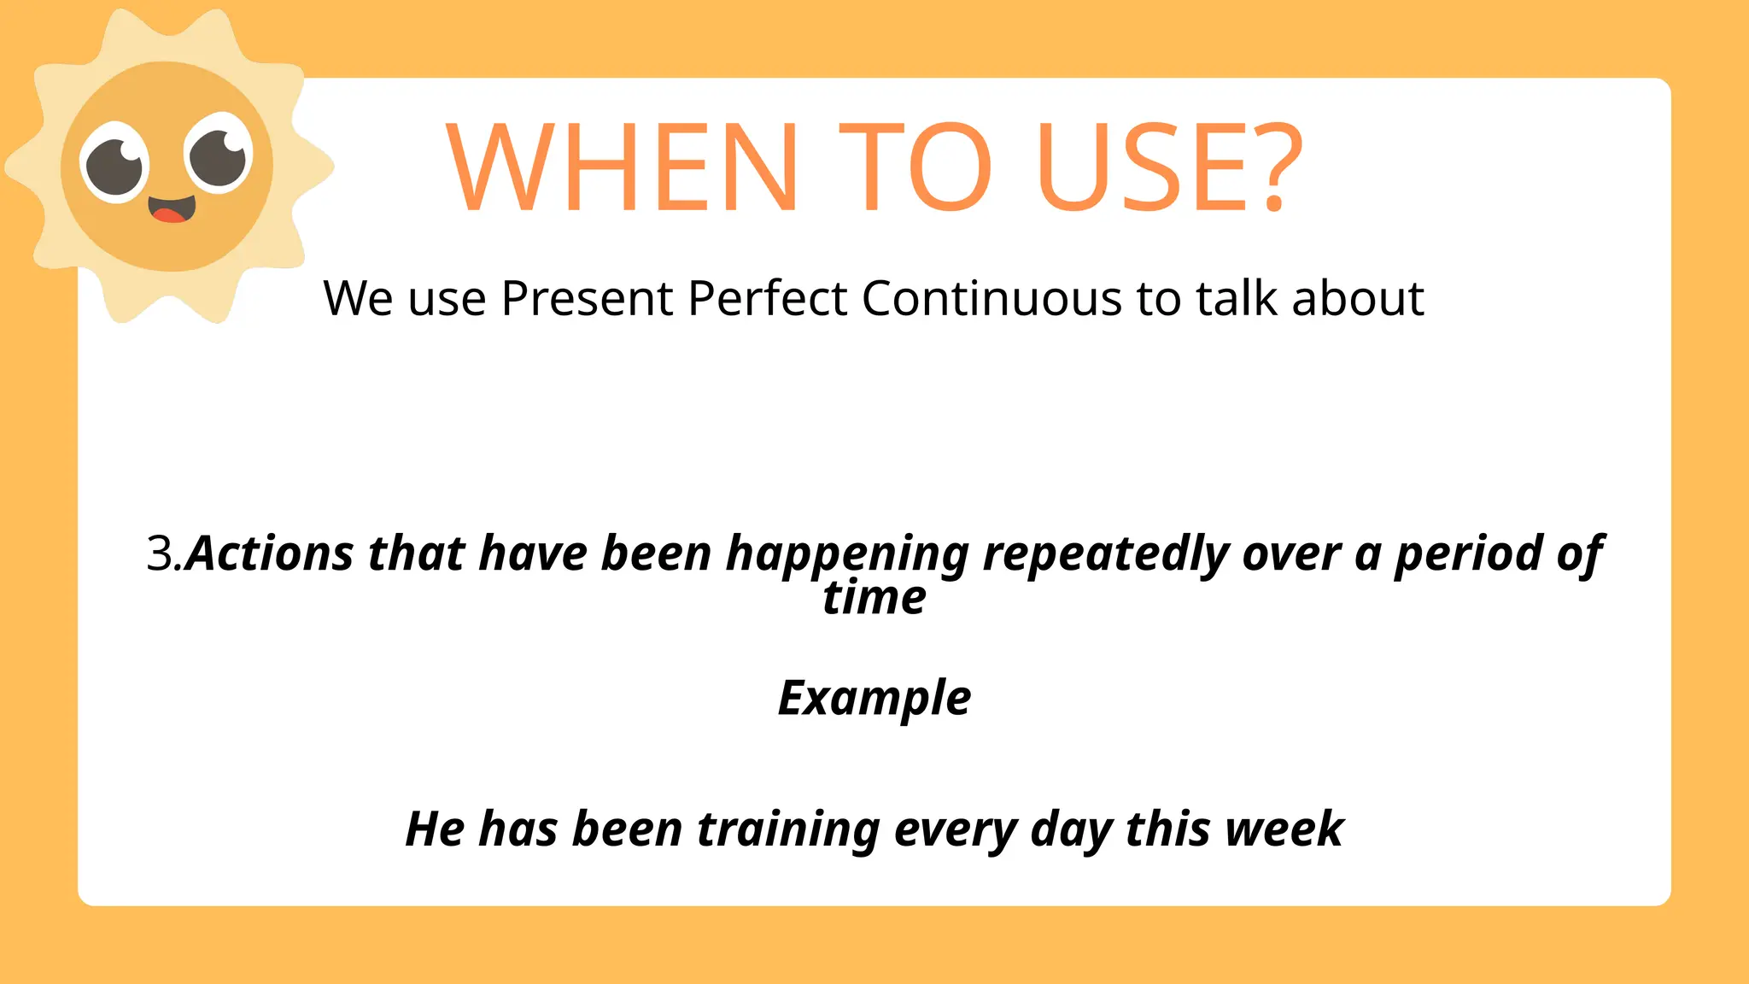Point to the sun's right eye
(x=219, y=154)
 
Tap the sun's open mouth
(x=172, y=208)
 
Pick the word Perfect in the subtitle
(x=768, y=299)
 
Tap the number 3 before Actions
(x=160, y=553)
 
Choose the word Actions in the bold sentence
(x=270, y=553)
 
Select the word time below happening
(x=874, y=598)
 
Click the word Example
(x=874, y=699)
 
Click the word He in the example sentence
(x=435, y=829)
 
